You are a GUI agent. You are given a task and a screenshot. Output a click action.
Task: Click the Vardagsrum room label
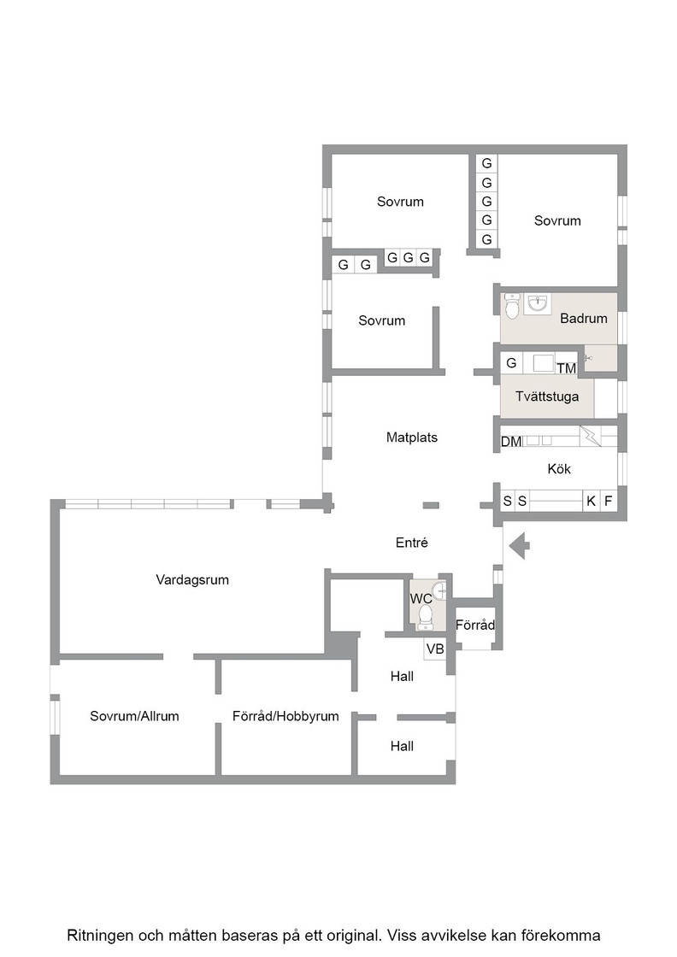pos(192,580)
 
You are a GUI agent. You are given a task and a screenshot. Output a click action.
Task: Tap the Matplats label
pos(412,437)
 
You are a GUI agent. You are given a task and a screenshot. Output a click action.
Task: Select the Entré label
pos(412,543)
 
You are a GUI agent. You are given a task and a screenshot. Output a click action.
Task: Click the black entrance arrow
pos(520,545)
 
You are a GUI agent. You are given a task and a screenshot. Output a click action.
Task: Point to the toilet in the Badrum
pos(511,307)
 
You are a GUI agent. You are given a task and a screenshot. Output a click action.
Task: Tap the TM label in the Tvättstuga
pos(567,368)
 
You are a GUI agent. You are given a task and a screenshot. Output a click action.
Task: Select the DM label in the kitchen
pos(511,441)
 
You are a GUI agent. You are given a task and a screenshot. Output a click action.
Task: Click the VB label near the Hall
pos(435,649)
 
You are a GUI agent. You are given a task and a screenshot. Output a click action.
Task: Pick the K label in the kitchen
pos(591,501)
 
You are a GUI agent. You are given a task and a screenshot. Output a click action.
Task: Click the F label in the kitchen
pos(608,501)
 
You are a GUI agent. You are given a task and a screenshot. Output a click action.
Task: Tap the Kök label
pos(559,469)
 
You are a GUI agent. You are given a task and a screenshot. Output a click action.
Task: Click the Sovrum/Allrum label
pos(134,716)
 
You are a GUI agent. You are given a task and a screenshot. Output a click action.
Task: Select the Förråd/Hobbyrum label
pos(286,716)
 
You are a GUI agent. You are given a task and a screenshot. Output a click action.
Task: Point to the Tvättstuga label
pos(547,396)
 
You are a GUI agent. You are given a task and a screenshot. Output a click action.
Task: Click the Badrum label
pos(584,318)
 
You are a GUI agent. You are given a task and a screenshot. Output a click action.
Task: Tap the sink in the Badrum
pos(538,302)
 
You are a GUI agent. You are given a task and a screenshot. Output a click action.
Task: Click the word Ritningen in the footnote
pos(99,935)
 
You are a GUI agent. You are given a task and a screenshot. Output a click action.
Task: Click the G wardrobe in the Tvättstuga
pos(511,363)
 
